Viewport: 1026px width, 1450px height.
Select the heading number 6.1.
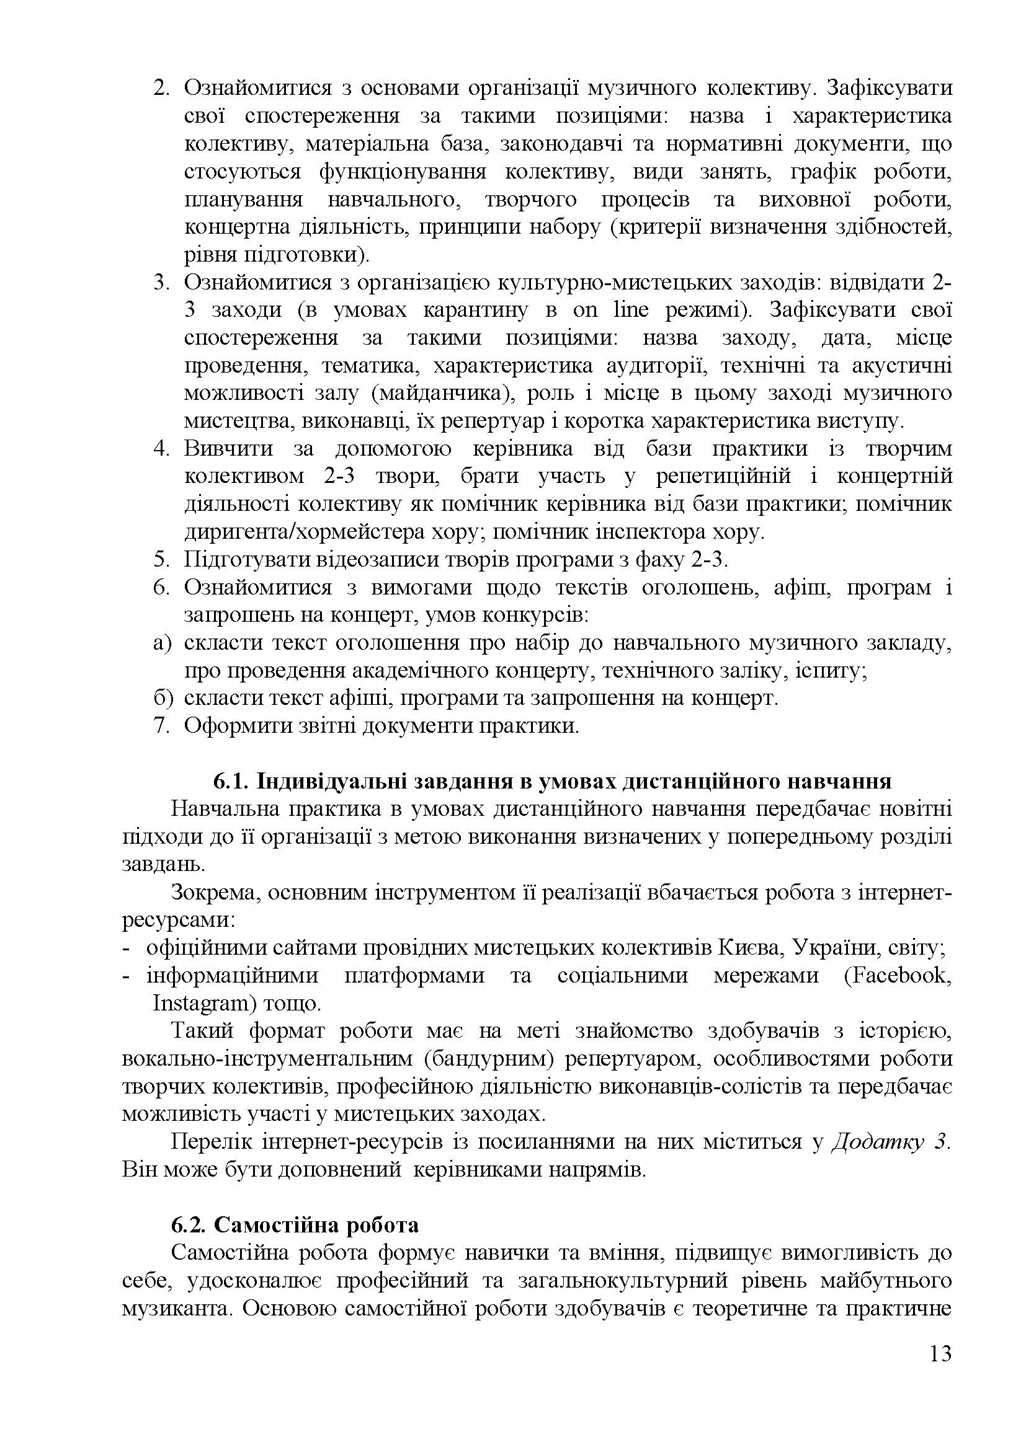click(x=231, y=781)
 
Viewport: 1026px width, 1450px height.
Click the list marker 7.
click(x=162, y=726)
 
